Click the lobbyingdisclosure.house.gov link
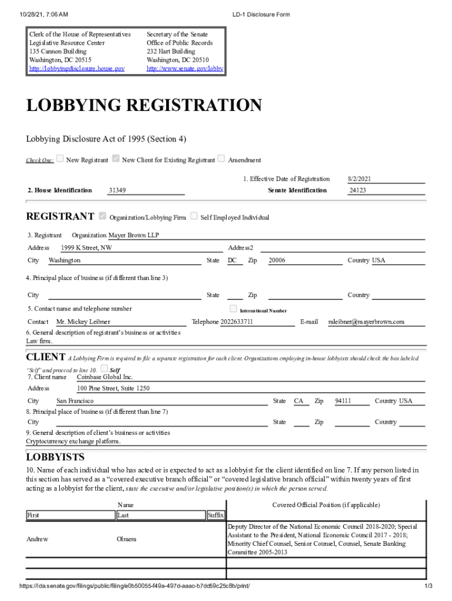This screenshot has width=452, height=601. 77,69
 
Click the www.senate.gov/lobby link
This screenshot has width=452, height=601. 185,69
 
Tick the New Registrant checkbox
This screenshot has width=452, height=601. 60,158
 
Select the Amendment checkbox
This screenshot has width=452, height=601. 221,158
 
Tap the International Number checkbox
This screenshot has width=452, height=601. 233,309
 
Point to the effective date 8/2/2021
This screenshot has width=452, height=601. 359,179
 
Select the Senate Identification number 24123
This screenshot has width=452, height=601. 357,190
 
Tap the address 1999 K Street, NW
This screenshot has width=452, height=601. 86,248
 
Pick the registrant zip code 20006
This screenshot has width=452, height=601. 277,260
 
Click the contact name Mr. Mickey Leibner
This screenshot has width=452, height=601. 83,322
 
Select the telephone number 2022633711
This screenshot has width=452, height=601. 237,322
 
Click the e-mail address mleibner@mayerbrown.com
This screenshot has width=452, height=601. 366,322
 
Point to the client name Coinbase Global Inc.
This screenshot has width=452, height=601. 105,377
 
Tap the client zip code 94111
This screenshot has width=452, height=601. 343,401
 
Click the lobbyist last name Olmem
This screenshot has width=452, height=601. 127,539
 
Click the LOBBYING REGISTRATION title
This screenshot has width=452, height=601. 144,106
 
